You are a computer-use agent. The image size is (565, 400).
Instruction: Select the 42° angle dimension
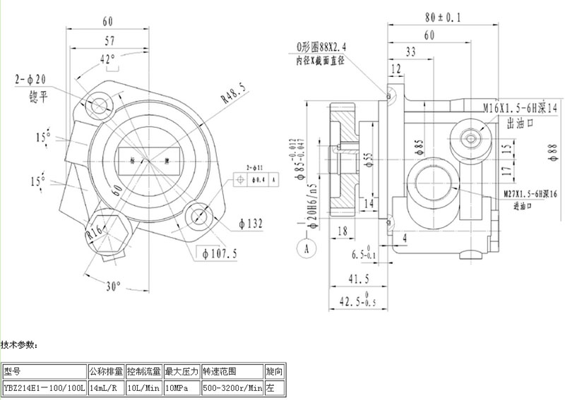click(107, 60)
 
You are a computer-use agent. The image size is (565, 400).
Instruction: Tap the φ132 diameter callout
click(251, 224)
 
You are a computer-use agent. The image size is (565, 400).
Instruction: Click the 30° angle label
click(114, 286)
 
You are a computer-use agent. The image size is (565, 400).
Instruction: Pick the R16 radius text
click(95, 233)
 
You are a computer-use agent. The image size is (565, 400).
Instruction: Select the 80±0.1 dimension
click(444, 16)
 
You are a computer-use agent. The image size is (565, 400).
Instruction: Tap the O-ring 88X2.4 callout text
click(324, 47)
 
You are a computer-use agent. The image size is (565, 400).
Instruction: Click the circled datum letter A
click(307, 248)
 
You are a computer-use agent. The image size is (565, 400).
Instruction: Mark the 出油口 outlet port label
click(519, 124)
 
